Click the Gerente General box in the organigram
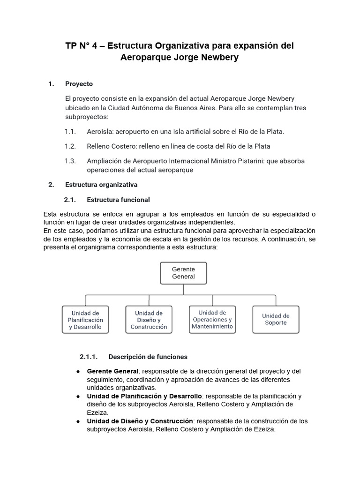pyautogui.click(x=183, y=273)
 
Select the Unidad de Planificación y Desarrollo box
pyautogui.click(x=85, y=320)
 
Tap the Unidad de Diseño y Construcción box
pyautogui.click(x=149, y=320)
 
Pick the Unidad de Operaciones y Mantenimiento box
pyautogui.click(x=212, y=319)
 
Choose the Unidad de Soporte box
pyautogui.click(x=276, y=319)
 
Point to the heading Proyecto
pyautogui.click(x=79, y=84)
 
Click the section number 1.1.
pyautogui.click(x=70, y=132)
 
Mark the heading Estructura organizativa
pyautogui.click(x=101, y=185)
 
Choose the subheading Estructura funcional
pyautogui.click(x=118, y=200)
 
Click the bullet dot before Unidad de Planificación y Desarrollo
pyautogui.click(x=77, y=396)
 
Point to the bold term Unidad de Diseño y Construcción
pyautogui.click(x=140, y=421)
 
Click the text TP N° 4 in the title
pyautogui.click(x=84, y=46)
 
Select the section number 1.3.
pyautogui.click(x=70, y=161)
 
